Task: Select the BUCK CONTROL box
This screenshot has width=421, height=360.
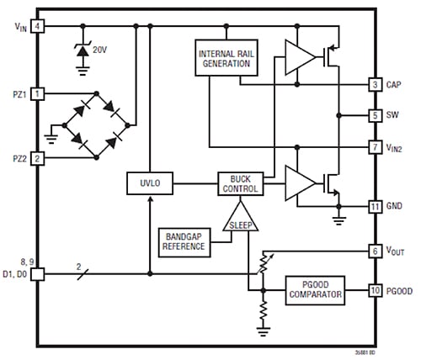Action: click(x=239, y=182)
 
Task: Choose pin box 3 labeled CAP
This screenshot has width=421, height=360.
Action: click(x=375, y=84)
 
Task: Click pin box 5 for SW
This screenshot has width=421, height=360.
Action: click(x=375, y=115)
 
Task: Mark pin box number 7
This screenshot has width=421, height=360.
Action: click(x=375, y=147)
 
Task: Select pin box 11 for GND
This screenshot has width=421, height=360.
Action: click(x=375, y=205)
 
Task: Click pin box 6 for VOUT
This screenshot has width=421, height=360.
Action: click(x=375, y=251)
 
